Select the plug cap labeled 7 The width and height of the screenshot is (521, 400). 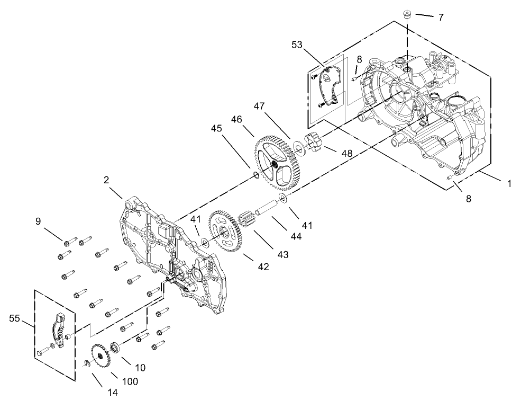pos(407,14)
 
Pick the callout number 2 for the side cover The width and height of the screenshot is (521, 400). pos(106,180)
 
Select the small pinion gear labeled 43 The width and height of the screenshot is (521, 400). pos(247,220)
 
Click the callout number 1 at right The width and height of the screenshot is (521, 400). pos(509,184)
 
